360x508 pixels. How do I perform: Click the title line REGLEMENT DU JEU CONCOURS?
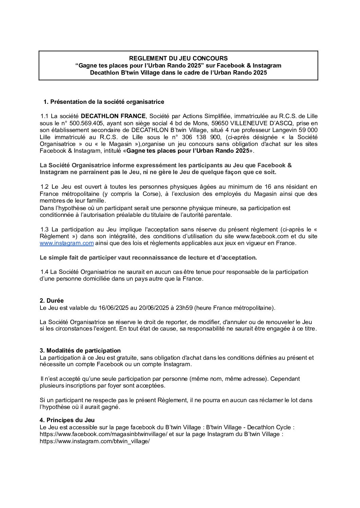pos(178,58)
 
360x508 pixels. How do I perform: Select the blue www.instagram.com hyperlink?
pos(67,243)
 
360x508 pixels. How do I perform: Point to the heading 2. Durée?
pos(52,301)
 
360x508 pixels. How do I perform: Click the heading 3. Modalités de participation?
pos(80,351)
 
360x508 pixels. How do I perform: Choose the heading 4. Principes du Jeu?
pos(67,420)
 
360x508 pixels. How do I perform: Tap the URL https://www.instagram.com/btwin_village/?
pos(95,441)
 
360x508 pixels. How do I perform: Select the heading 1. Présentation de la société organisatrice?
pos(104,102)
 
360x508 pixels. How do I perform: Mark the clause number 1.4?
pos(44,272)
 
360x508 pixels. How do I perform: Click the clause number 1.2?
pos(44,187)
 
